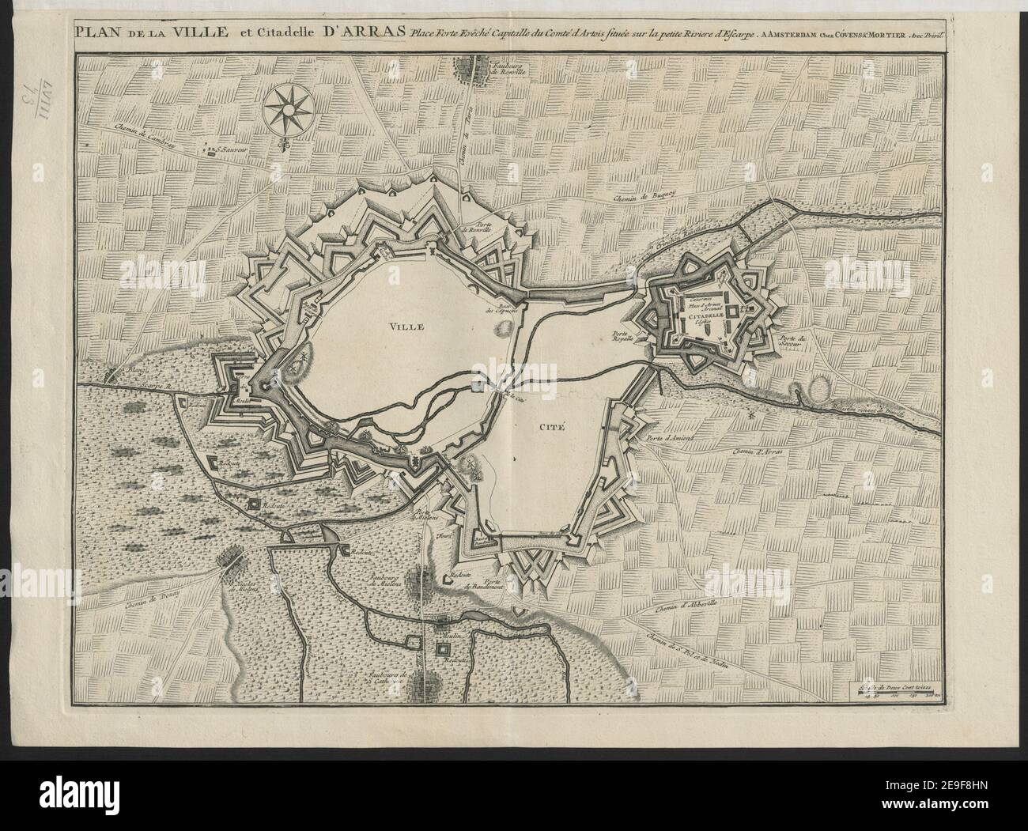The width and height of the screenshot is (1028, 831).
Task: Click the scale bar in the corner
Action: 899,693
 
